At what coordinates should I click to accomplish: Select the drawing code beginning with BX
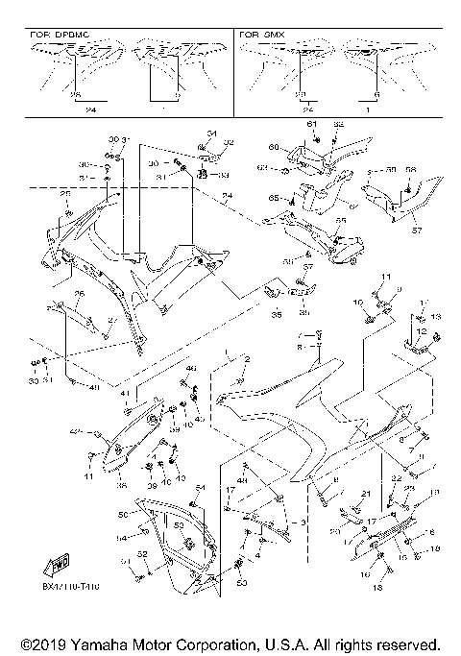[69, 585]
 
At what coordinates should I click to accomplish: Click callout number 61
[311, 126]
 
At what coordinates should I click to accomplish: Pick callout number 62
[338, 126]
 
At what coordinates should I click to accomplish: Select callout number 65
[274, 197]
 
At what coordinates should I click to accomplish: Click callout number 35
[277, 314]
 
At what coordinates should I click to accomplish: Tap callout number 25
[66, 194]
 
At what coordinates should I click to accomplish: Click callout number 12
[421, 330]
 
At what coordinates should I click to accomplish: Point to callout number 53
[179, 525]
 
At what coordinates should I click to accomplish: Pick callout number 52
[142, 553]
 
